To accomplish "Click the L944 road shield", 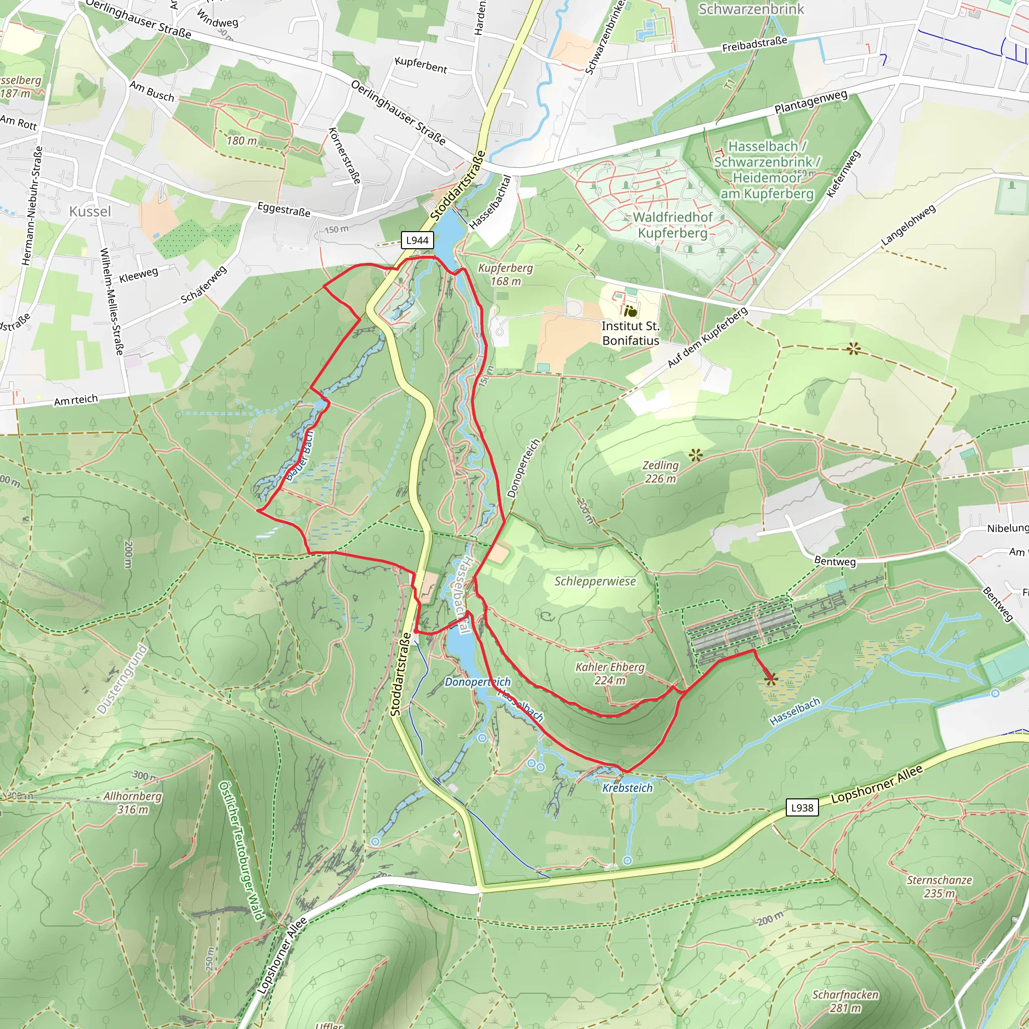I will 417,240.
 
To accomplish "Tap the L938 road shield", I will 801,807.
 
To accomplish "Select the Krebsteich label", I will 627,788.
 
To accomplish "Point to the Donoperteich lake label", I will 477,682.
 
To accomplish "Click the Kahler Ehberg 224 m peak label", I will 610,673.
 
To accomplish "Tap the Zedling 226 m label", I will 660,472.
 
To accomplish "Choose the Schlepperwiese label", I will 595,581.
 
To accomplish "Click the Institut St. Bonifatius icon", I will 631,311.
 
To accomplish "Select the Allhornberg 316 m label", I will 133,802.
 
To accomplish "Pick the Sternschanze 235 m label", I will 939,887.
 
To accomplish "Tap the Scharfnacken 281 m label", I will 845,1001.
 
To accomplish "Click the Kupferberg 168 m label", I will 505,274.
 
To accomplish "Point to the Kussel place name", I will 90,212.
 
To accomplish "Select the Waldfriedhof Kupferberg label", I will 673,225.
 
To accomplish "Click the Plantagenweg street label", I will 810,101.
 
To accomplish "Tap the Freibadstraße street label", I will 754,45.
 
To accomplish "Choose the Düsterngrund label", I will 122,679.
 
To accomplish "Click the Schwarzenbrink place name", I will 751,9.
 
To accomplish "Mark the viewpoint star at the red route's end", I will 770,680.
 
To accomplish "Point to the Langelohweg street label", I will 908,225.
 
